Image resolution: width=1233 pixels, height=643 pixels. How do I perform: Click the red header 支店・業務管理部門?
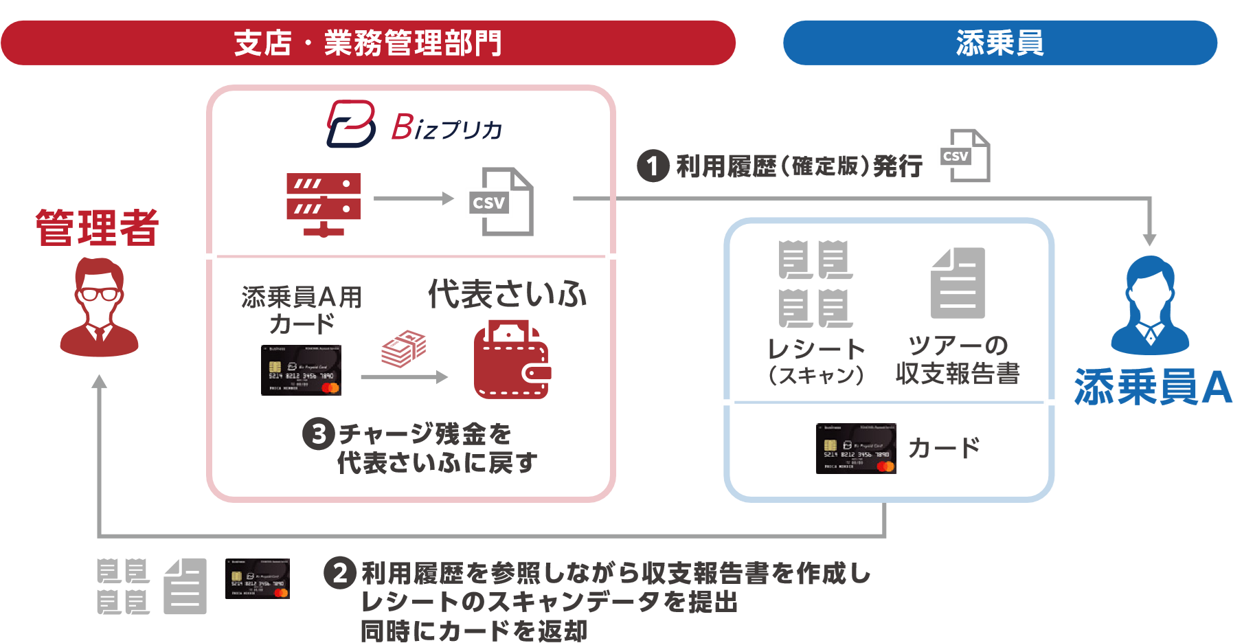[x=368, y=43]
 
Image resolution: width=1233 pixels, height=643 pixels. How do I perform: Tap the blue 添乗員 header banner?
[x=1000, y=43]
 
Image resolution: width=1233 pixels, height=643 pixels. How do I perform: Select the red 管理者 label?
[x=98, y=227]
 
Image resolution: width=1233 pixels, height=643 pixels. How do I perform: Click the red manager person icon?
[x=100, y=307]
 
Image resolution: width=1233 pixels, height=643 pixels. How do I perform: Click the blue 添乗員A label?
[x=1153, y=387]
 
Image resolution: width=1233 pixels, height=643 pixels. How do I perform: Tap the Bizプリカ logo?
[x=414, y=124]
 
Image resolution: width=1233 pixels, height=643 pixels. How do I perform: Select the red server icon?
[x=324, y=204]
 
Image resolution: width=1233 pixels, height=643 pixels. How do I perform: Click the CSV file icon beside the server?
[x=500, y=201]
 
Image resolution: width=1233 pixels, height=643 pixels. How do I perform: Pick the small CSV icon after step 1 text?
[x=964, y=156]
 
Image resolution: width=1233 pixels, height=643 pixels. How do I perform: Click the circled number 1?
[x=653, y=166]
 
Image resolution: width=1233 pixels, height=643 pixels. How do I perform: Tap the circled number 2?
[x=340, y=572]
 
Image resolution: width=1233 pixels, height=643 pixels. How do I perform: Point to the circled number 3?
[x=319, y=434]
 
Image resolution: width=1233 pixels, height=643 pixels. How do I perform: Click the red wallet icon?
[x=512, y=360]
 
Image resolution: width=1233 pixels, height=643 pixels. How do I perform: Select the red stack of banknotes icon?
[x=404, y=348]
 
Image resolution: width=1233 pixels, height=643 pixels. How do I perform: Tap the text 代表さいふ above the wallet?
[x=508, y=294]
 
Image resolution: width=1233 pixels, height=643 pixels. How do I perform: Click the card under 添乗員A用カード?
[x=302, y=370]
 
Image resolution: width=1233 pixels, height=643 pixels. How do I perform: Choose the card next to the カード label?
[x=856, y=449]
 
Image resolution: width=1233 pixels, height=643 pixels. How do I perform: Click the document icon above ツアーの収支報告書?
[x=958, y=283]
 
